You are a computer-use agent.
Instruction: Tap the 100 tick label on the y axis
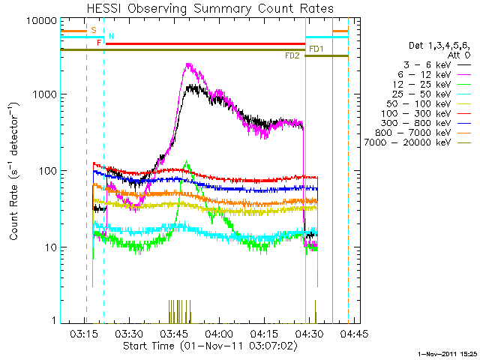tap(43, 171)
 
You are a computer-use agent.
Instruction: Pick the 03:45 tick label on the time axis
tap(174, 332)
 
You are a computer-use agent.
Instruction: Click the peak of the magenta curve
tap(189, 64)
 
